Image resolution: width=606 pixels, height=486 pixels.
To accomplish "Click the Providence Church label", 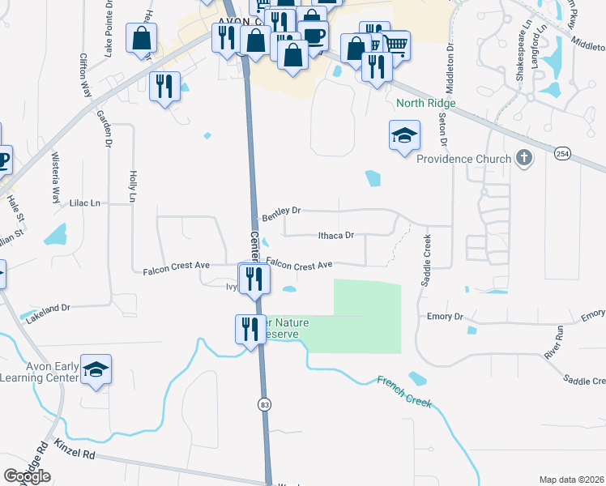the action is coord(463,159).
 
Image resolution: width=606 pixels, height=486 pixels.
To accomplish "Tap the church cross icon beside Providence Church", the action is coord(524,157).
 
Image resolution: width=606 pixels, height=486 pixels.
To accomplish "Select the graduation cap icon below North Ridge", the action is coord(405,136).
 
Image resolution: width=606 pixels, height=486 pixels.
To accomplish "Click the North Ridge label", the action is coord(426,104).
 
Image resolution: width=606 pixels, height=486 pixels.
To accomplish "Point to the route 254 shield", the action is coord(563,152).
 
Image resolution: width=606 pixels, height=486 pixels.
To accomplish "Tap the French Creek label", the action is coord(404,390).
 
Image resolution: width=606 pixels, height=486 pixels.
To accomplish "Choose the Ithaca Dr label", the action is coord(336,236).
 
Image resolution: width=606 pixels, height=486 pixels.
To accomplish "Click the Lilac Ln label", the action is coord(84,202).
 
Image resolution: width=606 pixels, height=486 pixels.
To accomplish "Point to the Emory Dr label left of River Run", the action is coord(444,317).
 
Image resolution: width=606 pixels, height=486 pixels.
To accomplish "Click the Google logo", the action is coord(27,476).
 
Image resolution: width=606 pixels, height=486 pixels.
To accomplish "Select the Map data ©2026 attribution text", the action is coord(571,480).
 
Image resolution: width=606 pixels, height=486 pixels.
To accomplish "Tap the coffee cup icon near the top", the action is coord(313,34).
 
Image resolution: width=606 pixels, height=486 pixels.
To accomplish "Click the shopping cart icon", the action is coord(395,45).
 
